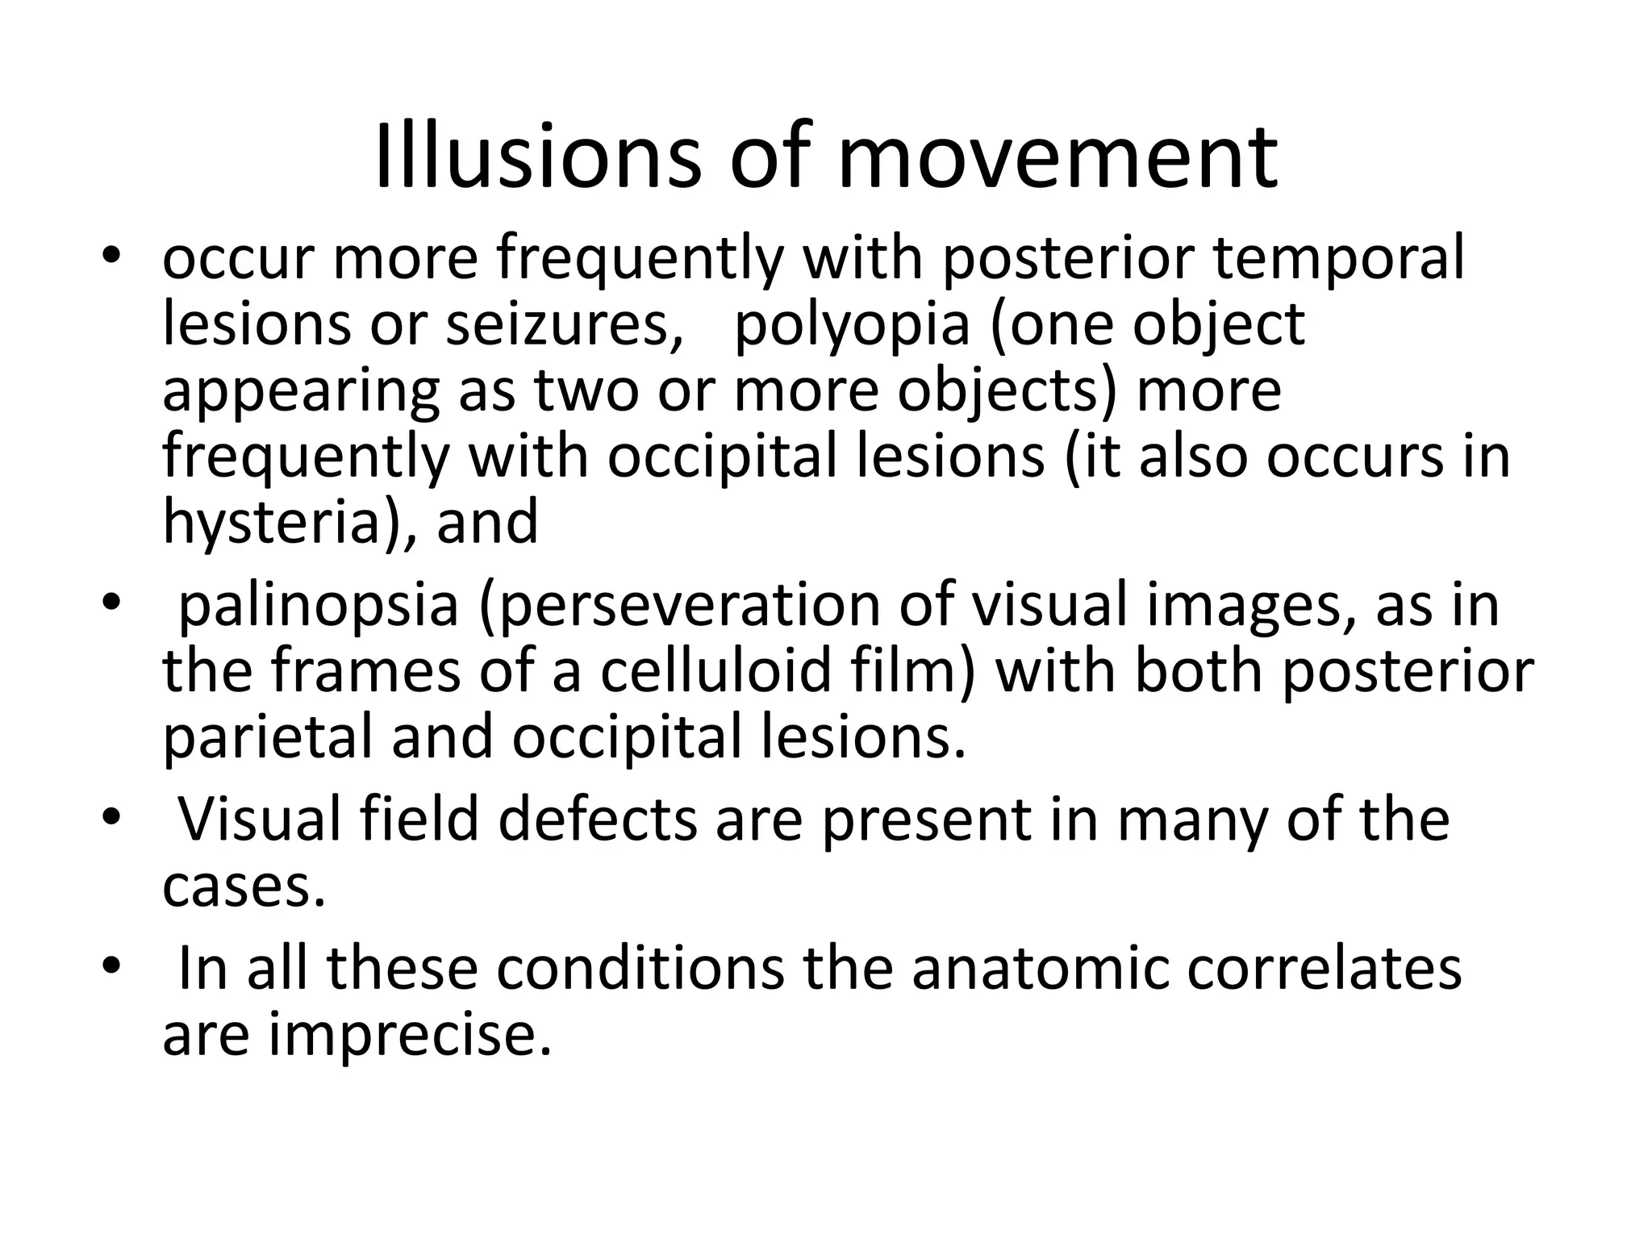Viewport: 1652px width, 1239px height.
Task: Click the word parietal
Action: click(270, 737)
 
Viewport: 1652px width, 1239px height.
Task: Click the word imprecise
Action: click(410, 1033)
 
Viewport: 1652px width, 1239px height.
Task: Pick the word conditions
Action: click(640, 967)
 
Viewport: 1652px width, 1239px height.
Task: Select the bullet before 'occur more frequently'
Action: click(111, 259)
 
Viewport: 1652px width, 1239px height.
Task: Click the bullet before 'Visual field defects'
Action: click(111, 820)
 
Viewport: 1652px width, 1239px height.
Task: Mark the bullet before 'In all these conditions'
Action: click(111, 968)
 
